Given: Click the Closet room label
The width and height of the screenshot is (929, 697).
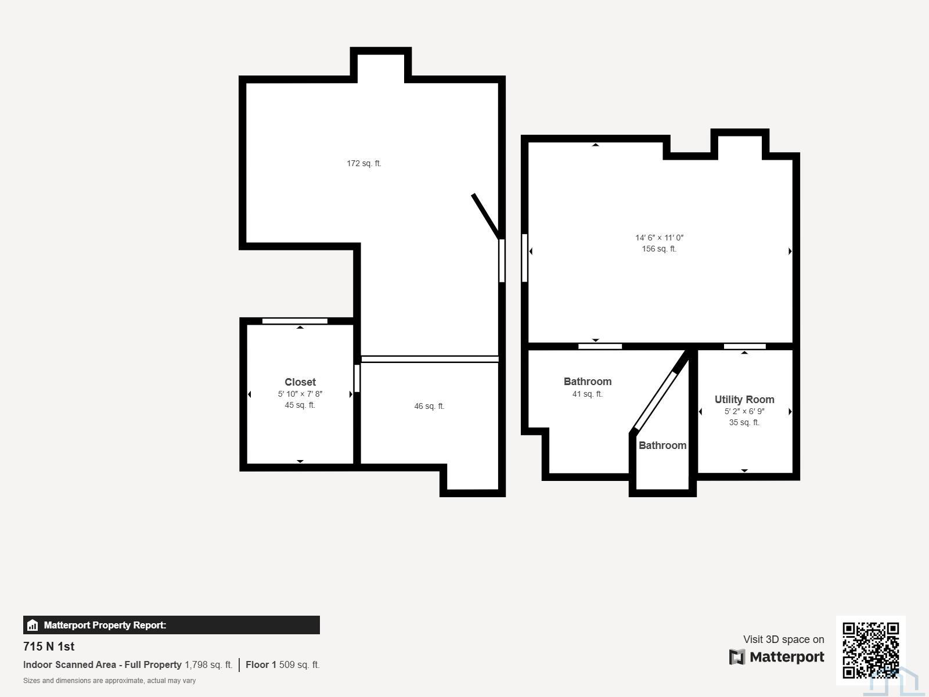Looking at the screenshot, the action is click(300, 382).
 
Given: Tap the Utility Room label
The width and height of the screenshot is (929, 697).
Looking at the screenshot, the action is click(744, 400).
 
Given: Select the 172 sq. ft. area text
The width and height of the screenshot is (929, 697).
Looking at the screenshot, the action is click(364, 163).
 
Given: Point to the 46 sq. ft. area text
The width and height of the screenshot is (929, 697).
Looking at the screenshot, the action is click(429, 406).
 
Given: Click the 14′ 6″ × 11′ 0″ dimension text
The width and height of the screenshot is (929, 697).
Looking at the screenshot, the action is click(660, 238).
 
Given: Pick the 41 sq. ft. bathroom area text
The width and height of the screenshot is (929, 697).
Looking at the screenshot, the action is click(588, 394).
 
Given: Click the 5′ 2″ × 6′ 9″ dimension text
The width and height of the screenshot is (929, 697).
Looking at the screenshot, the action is click(744, 411).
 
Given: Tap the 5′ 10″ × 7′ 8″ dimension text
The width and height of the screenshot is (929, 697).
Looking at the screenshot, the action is click(300, 394).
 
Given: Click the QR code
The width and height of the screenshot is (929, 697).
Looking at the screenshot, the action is click(870, 650).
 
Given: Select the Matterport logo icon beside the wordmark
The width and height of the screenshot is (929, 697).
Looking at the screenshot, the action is click(737, 657).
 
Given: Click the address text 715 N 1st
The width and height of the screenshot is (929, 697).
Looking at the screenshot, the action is click(49, 646).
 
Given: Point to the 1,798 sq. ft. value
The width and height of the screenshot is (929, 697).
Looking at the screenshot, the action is click(208, 664).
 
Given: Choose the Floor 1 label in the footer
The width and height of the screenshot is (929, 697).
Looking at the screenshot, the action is click(261, 664).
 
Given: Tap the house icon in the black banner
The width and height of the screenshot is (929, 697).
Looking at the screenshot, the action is click(33, 625).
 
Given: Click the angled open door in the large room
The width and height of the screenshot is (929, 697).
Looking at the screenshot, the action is click(487, 216).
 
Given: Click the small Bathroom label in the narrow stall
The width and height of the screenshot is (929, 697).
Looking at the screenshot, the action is click(662, 445).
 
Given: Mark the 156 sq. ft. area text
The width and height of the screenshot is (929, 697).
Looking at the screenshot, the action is click(660, 249).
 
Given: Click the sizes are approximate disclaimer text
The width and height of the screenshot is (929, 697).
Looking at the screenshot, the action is click(109, 681).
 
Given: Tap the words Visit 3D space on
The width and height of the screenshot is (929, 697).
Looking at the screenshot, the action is click(783, 639).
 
